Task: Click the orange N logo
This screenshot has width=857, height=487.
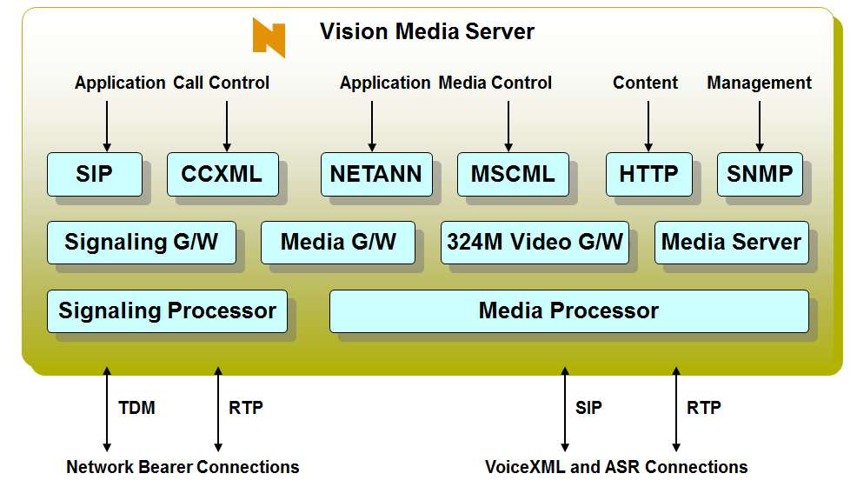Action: (x=269, y=37)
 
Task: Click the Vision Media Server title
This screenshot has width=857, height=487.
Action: (x=427, y=32)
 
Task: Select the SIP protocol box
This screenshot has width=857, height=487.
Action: (x=94, y=174)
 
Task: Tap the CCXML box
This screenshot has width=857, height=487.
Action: (x=222, y=174)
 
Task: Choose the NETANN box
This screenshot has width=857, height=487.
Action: (x=375, y=174)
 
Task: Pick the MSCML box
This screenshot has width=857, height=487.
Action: (x=513, y=174)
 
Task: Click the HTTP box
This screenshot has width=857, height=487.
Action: (x=648, y=174)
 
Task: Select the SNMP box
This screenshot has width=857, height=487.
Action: (x=760, y=174)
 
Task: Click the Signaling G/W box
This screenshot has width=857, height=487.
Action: (x=141, y=242)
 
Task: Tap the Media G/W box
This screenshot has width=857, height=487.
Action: (x=338, y=242)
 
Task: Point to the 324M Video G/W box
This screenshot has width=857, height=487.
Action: (x=535, y=242)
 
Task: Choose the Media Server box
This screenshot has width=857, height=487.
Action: (x=731, y=242)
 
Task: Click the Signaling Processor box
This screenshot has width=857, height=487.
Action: (x=167, y=310)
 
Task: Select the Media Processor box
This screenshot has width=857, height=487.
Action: (x=568, y=310)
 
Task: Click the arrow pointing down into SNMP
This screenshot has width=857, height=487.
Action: (x=760, y=126)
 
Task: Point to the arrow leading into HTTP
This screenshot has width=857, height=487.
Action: (x=648, y=126)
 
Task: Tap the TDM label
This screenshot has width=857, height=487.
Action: (x=136, y=407)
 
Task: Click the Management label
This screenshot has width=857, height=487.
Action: (x=759, y=83)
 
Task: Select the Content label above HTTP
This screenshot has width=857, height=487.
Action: (x=645, y=83)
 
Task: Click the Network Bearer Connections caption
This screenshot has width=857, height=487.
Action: (x=183, y=467)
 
